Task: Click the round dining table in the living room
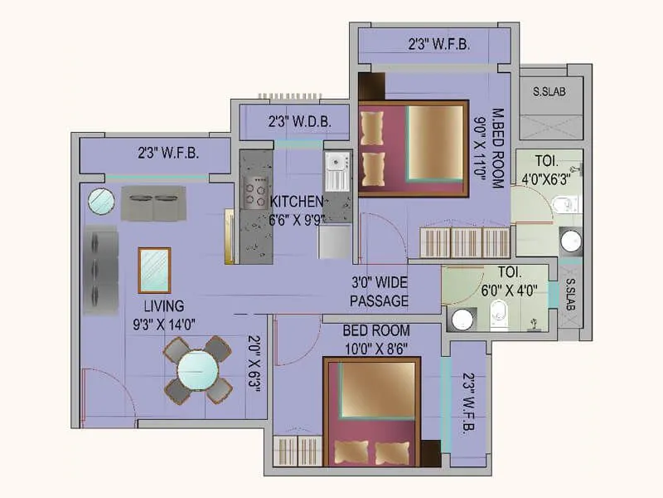tap(197, 369)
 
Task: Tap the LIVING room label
tap(164, 305)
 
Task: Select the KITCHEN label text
tap(296, 202)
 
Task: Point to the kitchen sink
tap(337, 172)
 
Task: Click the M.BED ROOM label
tap(498, 149)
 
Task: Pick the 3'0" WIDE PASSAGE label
tap(380, 291)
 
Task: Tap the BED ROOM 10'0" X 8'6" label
tap(376, 339)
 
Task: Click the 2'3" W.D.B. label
tap(299, 122)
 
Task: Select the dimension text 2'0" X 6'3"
tap(254, 364)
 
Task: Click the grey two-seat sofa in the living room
tap(153, 203)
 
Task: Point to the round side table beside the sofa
tap(101, 201)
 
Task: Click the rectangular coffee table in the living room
tap(154, 271)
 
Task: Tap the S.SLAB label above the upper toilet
tap(549, 91)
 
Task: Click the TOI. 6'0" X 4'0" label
tap(509, 281)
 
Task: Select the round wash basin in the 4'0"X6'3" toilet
tap(571, 242)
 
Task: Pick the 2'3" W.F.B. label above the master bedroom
tap(439, 44)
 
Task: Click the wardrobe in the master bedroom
tap(465, 242)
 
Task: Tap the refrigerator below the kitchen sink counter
tap(335, 241)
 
